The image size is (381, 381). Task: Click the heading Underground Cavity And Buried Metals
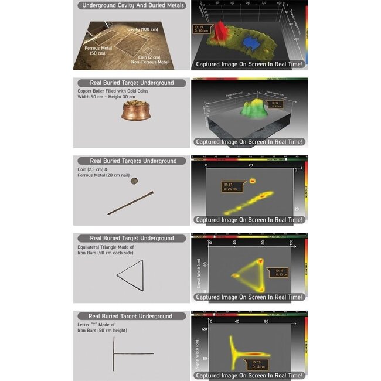[133, 5]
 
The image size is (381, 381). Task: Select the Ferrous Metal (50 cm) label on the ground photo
[98, 50]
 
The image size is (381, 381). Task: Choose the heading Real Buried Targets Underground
[133, 161]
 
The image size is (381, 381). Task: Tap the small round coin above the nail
[134, 181]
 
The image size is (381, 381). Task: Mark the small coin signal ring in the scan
[253, 181]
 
